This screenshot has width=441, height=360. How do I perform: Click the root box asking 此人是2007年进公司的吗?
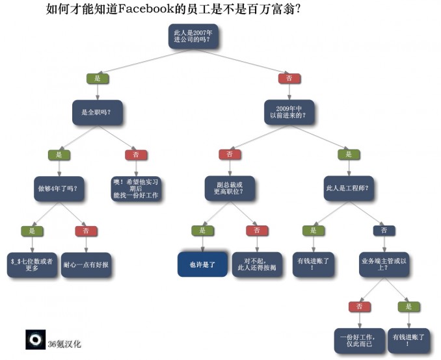pyautogui.click(x=193, y=36)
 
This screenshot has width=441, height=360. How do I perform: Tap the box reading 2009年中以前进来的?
pyautogui.click(x=289, y=112)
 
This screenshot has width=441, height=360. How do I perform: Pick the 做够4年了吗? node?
pyautogui.click(x=59, y=188)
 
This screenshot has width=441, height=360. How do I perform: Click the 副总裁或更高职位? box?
pyautogui.click(x=230, y=188)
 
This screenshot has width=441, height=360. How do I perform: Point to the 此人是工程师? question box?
pyautogui.click(x=349, y=188)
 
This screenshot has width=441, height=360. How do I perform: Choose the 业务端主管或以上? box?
pyautogui.click(x=384, y=264)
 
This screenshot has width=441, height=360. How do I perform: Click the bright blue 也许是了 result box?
pyautogui.click(x=202, y=264)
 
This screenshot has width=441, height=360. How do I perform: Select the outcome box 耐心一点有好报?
pyautogui.click(x=86, y=264)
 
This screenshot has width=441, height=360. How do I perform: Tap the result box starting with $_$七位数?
pyautogui.click(x=32, y=264)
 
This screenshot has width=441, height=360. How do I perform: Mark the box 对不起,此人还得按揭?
pyautogui.click(x=257, y=264)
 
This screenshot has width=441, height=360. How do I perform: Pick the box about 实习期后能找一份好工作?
pyautogui.click(x=135, y=188)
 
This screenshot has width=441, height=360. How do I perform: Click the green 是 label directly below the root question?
pyautogui.click(x=98, y=79)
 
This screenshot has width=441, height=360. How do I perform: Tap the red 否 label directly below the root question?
pyautogui.click(x=289, y=79)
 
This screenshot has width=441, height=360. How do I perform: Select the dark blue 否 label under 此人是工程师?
pyautogui.click(x=384, y=231)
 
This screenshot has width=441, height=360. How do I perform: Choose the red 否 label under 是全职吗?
pyautogui.click(x=136, y=155)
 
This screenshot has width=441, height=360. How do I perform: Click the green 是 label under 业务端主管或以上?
pyautogui.click(x=409, y=307)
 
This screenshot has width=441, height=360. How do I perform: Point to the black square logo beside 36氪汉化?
pyautogui.click(x=35, y=339)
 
